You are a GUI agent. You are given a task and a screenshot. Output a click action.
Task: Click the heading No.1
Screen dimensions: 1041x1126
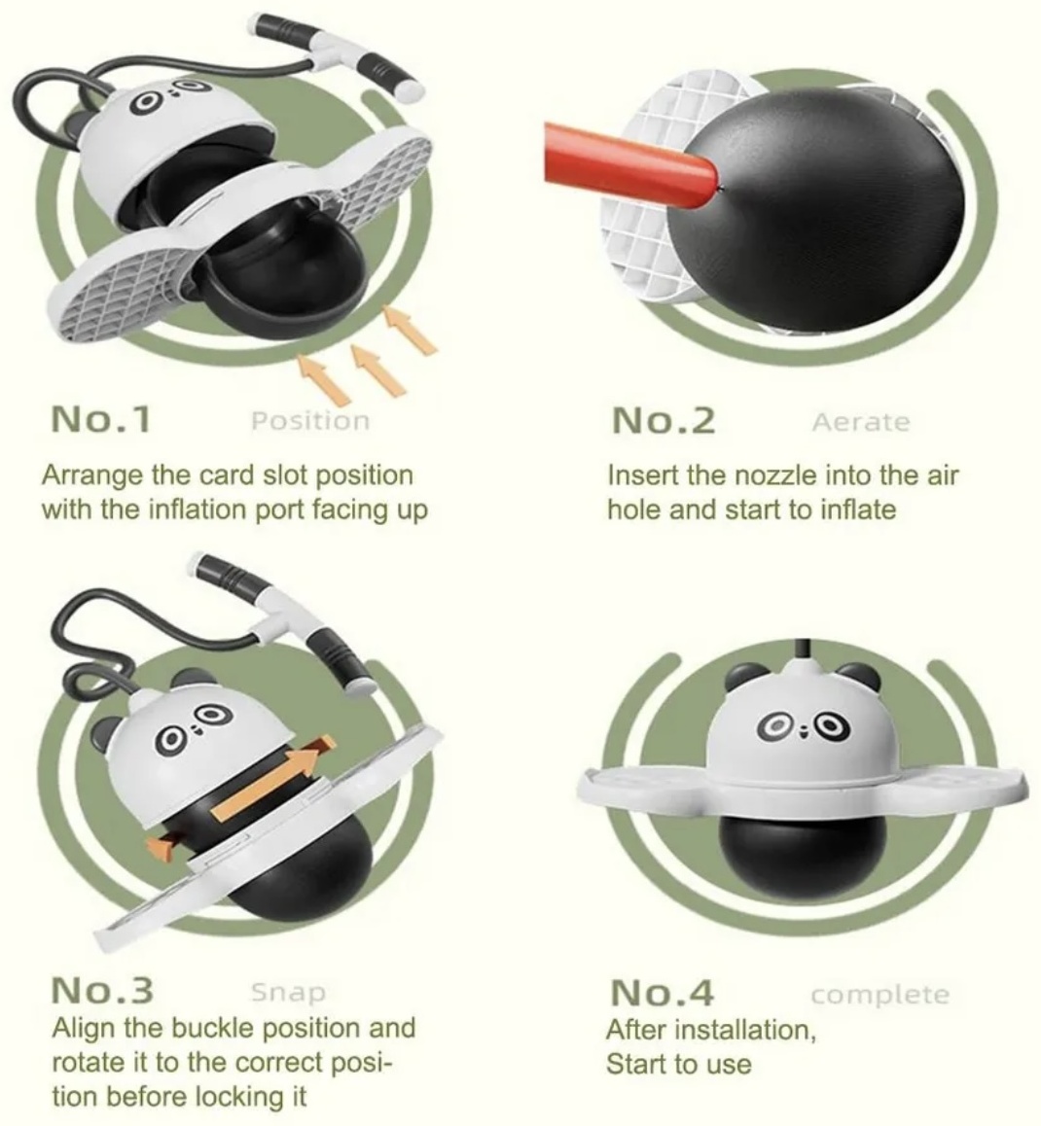point(100,419)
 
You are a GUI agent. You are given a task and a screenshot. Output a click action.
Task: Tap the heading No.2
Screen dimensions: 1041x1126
point(664,420)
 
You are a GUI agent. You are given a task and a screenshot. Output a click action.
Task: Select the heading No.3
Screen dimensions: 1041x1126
point(102,990)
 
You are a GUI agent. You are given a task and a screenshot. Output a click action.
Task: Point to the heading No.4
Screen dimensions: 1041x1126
point(662,993)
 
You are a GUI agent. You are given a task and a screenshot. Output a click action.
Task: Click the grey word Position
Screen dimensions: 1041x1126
point(310,421)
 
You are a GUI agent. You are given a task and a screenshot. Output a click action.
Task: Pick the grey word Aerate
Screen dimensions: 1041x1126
point(861,422)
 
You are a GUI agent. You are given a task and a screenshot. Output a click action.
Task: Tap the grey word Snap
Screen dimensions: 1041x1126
point(288,993)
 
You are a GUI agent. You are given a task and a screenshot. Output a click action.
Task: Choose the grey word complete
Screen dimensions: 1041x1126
point(880,996)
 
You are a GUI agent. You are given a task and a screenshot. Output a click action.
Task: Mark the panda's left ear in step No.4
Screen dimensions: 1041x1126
point(743,678)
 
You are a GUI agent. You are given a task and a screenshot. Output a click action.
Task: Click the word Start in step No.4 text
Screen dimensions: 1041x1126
point(635,1064)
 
